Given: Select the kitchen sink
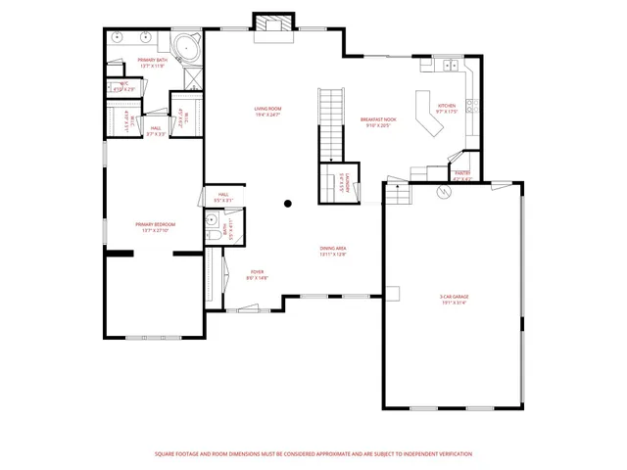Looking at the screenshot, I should (450, 67).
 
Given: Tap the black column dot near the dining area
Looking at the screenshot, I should (288, 204).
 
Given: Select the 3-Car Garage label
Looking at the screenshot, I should (452, 300).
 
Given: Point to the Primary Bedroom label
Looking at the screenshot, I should (155, 227).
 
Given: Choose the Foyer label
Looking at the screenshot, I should (257, 274).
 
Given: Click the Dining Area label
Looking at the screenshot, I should (333, 251).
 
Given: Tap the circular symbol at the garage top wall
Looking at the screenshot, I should (442, 193).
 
